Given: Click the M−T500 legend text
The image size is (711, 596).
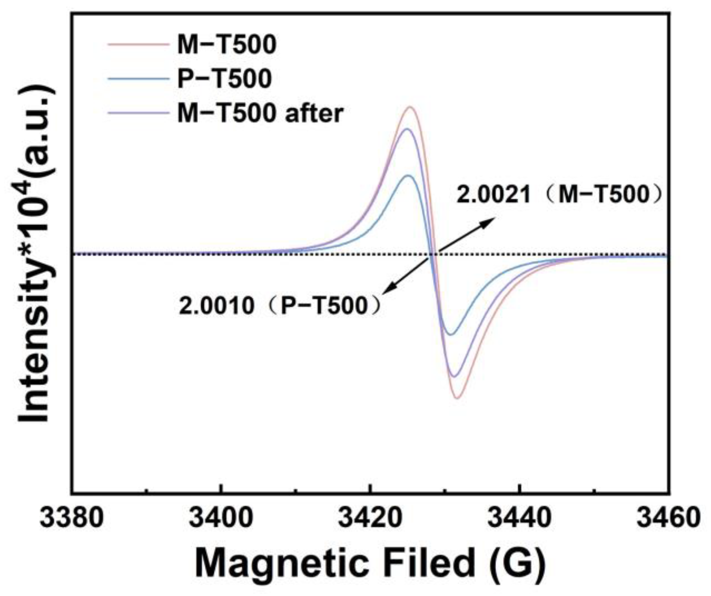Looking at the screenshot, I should point(226,45).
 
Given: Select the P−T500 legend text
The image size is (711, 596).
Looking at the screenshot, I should point(224,78).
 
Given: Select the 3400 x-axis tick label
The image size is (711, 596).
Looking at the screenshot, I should point(221,518).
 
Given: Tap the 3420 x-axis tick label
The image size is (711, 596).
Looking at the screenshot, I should point(370,518).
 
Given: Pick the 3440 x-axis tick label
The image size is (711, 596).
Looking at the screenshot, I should point(519,518).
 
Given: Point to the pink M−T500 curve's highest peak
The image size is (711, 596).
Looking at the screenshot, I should point(410,107).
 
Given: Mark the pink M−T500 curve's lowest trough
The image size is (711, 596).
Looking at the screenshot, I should point(457,398).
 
